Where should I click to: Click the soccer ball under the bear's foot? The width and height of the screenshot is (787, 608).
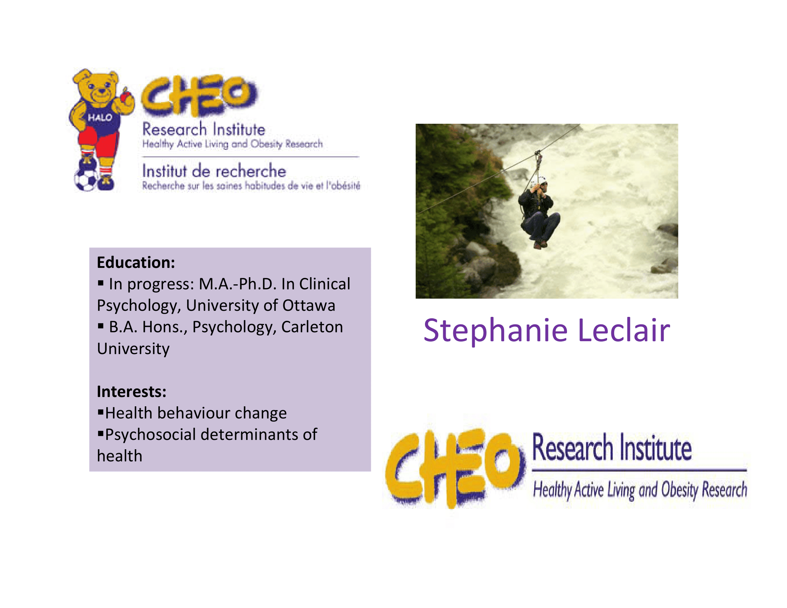point(87,180)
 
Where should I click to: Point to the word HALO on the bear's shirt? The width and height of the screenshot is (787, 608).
point(100,117)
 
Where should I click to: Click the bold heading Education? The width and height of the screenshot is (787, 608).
point(136,263)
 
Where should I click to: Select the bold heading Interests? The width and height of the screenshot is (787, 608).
point(132,392)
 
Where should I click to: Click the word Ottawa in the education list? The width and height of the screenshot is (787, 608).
point(308,305)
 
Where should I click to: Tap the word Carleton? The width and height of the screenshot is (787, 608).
point(312,327)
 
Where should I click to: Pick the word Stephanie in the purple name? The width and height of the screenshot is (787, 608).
point(495,332)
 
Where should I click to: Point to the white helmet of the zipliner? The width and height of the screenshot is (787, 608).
point(542,181)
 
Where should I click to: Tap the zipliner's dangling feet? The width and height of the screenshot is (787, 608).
point(540,245)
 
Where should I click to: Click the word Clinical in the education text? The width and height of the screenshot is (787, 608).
point(325,284)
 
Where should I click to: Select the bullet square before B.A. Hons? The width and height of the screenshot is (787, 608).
point(101,326)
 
